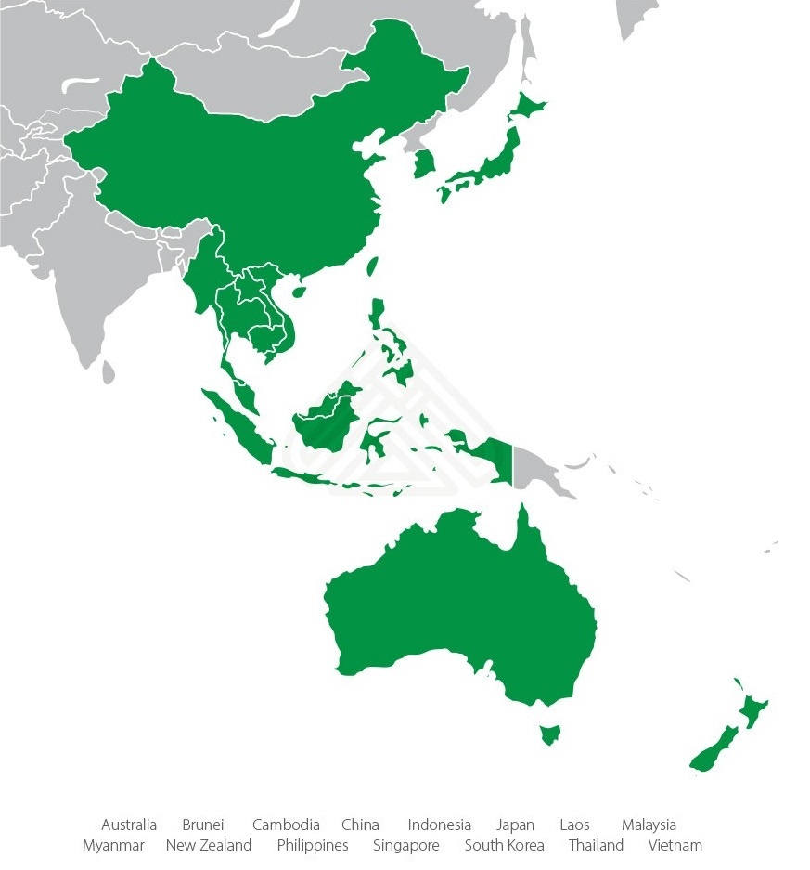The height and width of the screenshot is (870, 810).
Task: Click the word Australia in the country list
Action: click(129, 825)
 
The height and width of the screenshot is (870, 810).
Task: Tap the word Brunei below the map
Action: click(203, 825)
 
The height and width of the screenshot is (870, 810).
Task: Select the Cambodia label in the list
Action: click(286, 825)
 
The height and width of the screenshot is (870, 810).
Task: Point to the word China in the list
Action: click(360, 825)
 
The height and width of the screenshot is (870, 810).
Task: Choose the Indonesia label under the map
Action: click(439, 825)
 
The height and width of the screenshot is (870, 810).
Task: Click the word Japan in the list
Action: click(515, 825)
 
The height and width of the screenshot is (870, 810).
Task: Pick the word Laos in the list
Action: click(574, 825)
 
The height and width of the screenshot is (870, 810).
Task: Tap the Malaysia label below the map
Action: click(649, 825)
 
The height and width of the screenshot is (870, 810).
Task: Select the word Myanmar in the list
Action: click(113, 846)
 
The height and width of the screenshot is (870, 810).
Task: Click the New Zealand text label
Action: click(209, 846)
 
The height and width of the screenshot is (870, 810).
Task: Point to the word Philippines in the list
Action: click(313, 846)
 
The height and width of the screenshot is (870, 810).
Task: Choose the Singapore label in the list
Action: click(406, 846)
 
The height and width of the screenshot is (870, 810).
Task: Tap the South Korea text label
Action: click(505, 846)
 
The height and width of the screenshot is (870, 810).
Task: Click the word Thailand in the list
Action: click(597, 846)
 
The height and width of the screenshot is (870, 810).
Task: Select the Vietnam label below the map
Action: click(675, 846)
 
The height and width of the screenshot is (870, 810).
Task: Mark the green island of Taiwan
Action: click(373, 266)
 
